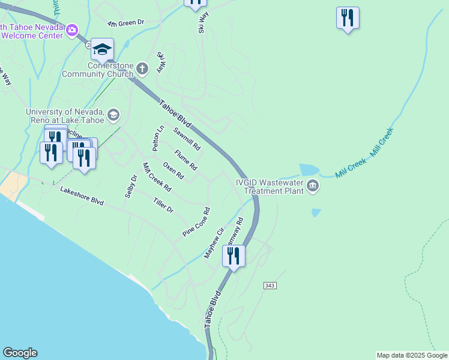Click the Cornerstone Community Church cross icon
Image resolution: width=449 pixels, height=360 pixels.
coord(142,68)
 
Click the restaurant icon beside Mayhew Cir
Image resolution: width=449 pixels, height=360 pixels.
coord(234,256)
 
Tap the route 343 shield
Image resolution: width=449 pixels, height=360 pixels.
coord(270,286)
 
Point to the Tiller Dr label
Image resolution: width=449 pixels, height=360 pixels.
coord(163,206)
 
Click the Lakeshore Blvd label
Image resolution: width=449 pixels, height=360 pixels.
coord(82,196)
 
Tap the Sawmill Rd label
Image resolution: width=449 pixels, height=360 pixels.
coord(187,139)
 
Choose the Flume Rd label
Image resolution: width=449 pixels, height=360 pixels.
coord(186,160)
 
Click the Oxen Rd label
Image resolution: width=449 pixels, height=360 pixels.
coord(173,170)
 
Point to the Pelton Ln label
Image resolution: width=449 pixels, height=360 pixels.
coord(157,138)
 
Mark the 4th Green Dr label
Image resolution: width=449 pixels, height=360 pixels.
coord(126,23)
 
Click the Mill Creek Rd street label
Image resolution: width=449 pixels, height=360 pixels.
coord(157,177)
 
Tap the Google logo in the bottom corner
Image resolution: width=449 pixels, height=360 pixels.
coord(20,353)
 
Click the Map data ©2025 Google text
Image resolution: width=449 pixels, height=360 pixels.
coord(412,355)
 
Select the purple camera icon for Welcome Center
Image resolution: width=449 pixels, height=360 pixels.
coord(72,29)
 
